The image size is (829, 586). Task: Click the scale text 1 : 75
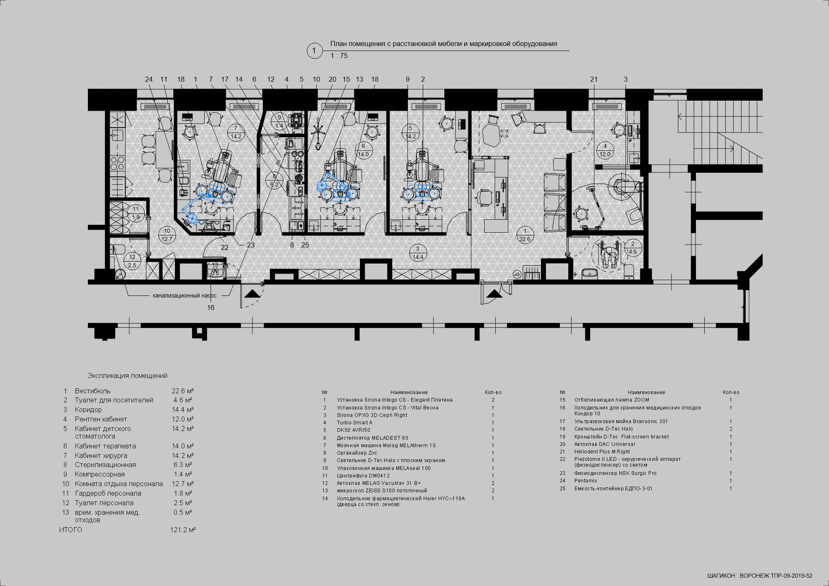click(x=339, y=56)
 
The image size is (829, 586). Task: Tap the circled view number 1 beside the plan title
click(x=314, y=51)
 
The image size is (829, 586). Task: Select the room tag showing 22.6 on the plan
click(x=525, y=235)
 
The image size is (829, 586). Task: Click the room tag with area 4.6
click(x=633, y=248)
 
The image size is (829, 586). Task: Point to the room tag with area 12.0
click(x=605, y=150)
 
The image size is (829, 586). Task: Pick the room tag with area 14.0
click(x=363, y=150)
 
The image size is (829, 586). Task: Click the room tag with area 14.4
click(x=418, y=253)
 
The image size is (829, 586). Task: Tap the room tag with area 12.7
click(x=167, y=235)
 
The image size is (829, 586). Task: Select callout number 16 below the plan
click(x=211, y=308)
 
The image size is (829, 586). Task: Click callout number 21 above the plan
click(x=594, y=79)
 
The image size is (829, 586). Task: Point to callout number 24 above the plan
click(x=149, y=79)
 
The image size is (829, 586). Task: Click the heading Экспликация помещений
click(x=127, y=376)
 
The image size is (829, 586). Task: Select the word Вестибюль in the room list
click(x=93, y=391)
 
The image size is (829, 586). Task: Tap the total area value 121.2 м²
click(x=183, y=530)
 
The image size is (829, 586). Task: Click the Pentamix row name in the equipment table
click(x=586, y=481)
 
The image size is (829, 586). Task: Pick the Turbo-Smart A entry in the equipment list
click(x=354, y=423)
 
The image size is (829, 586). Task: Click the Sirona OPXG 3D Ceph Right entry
click(x=372, y=415)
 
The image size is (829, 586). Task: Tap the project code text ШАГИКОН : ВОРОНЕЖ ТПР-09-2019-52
click(x=760, y=576)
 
